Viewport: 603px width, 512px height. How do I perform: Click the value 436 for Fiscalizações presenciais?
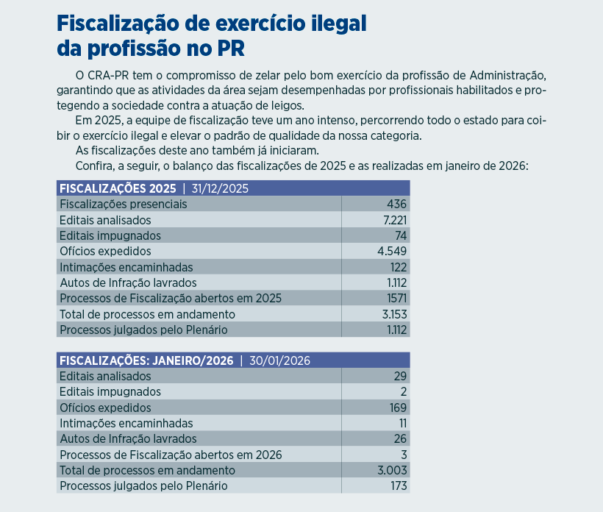tap(396, 204)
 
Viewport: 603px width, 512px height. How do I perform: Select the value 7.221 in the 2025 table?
tap(393, 220)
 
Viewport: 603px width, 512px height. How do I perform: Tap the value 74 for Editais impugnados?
tap(400, 235)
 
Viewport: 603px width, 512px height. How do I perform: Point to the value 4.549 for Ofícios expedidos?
tap(392, 251)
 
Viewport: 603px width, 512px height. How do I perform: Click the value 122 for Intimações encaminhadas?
tap(398, 267)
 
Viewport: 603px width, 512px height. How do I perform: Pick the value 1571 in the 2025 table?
tap(396, 298)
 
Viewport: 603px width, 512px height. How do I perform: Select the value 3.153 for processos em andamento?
tap(393, 314)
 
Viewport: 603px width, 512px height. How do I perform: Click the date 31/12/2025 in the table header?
tap(220, 188)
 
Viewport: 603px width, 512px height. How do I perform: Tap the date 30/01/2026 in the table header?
tap(279, 360)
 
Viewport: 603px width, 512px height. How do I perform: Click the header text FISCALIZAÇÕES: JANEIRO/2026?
tap(146, 360)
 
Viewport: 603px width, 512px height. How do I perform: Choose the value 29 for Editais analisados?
tap(400, 376)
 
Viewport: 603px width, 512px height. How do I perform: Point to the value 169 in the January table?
tap(398, 408)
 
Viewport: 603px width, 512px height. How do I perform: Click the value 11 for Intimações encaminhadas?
tap(402, 423)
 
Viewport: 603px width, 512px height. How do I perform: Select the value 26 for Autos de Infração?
tap(400, 439)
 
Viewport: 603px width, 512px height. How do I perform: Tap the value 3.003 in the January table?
tap(393, 470)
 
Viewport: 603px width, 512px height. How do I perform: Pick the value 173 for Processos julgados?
tap(398, 486)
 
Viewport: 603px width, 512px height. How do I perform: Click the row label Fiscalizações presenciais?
tap(123, 204)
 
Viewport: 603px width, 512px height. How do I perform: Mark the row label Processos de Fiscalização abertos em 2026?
tap(170, 455)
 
